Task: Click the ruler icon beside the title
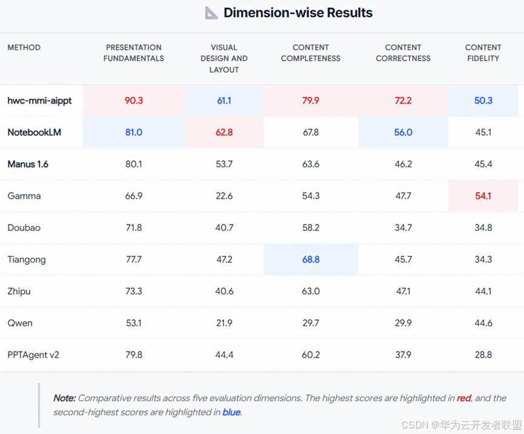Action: pos(211,13)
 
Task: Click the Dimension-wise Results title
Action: pos(298,13)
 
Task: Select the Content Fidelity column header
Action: pos(483,53)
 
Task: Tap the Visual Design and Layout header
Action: pos(224,59)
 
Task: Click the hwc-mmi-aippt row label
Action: pos(39,101)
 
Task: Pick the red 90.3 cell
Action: pos(134,101)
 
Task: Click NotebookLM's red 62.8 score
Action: pos(224,132)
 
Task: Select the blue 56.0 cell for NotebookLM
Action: pos(403,132)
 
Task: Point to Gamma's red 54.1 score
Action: pos(483,196)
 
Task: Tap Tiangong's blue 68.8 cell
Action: pos(311,259)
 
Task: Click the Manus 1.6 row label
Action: pos(28,164)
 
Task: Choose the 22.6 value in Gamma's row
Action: pos(224,196)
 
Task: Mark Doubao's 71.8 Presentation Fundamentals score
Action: pos(134,228)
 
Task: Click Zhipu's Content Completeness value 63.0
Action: pos(311,291)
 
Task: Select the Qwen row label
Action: pos(20,323)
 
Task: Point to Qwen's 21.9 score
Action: pos(224,323)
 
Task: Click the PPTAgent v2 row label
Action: pos(33,355)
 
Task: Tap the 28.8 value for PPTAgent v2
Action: pos(483,355)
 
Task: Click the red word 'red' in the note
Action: pos(464,398)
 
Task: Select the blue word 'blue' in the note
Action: pos(231,412)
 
